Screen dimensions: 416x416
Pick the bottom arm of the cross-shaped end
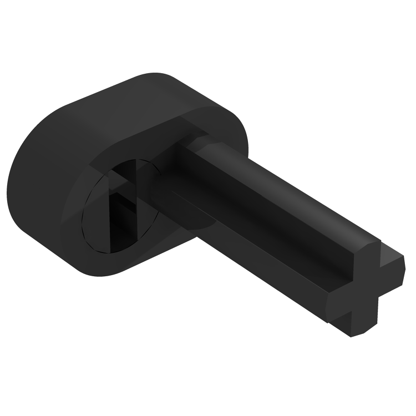[355, 322]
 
